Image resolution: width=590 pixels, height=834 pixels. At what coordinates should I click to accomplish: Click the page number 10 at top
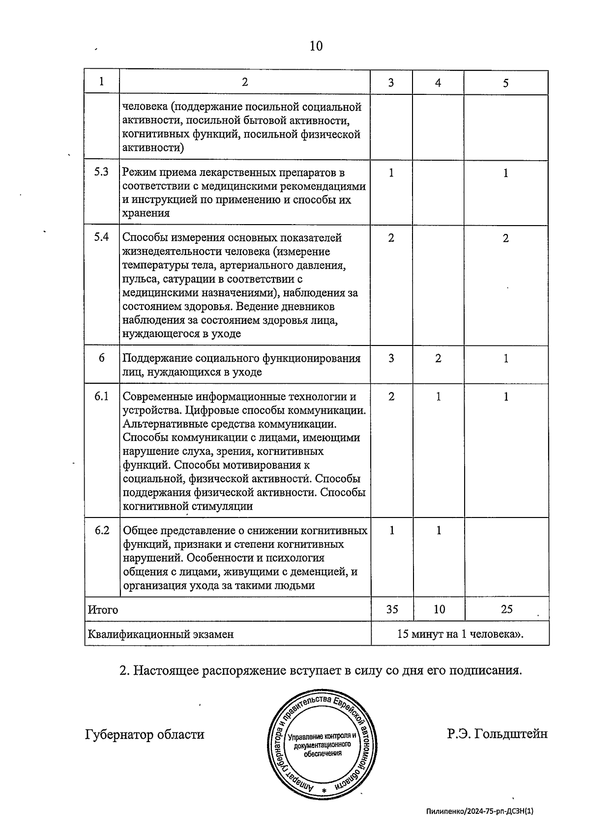[x=316, y=46]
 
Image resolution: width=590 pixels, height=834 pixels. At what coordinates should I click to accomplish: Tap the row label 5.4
[x=101, y=237]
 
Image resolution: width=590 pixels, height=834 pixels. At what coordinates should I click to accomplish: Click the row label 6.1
[x=101, y=396]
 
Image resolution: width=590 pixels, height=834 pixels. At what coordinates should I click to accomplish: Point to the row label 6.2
[x=101, y=530]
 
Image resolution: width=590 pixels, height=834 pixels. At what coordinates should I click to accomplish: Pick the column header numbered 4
[x=438, y=83]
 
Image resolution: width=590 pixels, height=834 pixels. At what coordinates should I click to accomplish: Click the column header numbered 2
[x=245, y=82]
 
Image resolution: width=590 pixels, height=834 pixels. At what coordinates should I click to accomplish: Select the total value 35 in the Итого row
[x=392, y=609]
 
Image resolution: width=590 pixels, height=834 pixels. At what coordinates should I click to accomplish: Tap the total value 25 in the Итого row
[x=506, y=609]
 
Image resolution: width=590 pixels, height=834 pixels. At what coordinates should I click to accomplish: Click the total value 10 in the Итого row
[x=439, y=609]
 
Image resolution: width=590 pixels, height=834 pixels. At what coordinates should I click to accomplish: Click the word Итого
[x=103, y=610]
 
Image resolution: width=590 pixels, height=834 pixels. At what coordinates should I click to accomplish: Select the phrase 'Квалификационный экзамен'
[x=160, y=634]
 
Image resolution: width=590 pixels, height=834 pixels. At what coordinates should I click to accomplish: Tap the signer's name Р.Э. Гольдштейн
[x=497, y=734]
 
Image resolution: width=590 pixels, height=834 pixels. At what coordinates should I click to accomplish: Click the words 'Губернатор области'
[x=145, y=735]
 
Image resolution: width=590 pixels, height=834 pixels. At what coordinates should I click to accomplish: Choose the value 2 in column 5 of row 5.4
[x=506, y=238]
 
